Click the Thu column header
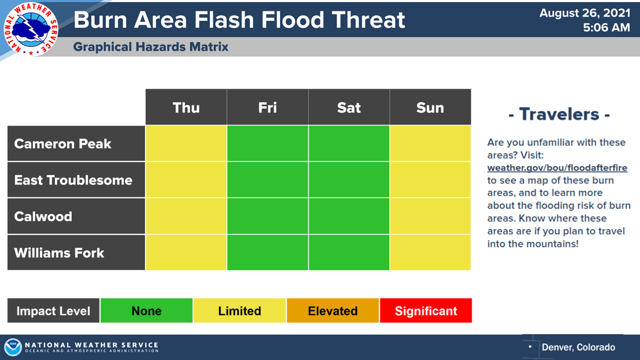click(186, 107)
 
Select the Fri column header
click(267, 107)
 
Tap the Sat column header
click(349, 107)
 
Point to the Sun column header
click(430, 107)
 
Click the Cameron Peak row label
click(76, 143)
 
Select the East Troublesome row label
click(76, 179)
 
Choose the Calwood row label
click(76, 216)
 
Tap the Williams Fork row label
click(76, 252)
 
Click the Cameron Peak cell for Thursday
click(186, 143)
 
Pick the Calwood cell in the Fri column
click(267, 216)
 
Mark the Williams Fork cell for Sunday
click(430, 252)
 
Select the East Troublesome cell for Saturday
click(349, 179)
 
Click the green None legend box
click(146, 310)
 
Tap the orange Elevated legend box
click(333, 310)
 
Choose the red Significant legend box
click(426, 310)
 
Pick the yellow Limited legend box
click(239, 310)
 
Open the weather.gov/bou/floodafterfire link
click(557, 167)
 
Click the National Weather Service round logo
click(30, 29)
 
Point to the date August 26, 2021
click(585, 13)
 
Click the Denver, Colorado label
click(578, 347)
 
